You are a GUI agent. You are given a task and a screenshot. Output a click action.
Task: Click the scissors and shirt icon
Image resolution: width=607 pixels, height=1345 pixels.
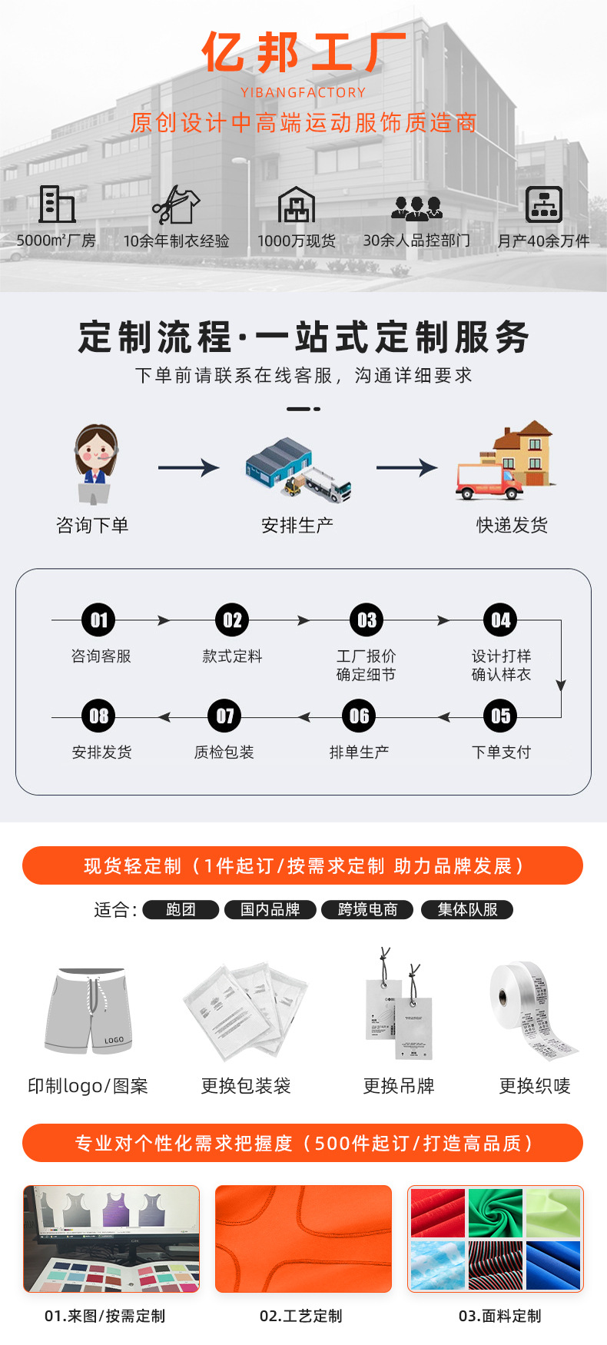point(176,204)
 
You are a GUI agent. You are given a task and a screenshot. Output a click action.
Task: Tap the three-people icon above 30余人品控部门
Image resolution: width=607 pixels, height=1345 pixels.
point(416,207)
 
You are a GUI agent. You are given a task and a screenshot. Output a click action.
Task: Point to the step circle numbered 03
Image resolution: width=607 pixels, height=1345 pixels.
point(367,620)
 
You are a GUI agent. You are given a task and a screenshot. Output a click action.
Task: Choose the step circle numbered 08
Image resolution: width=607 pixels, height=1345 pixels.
point(99,716)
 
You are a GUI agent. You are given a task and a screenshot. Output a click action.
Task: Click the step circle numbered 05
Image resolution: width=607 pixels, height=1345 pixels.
point(500,716)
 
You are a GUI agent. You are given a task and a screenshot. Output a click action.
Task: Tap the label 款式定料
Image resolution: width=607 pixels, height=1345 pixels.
point(232,656)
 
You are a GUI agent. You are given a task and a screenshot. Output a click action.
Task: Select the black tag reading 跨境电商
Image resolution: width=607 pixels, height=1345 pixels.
point(368,910)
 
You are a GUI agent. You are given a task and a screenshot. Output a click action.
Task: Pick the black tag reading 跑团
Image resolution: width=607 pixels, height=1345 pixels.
point(181,910)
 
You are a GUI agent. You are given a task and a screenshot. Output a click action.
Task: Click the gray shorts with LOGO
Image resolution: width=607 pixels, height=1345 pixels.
point(89,1011)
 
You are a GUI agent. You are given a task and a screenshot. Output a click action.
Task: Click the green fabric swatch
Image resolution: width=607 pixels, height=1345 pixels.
point(495,1212)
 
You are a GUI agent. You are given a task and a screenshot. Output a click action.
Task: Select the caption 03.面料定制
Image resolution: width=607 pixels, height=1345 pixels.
point(499,1316)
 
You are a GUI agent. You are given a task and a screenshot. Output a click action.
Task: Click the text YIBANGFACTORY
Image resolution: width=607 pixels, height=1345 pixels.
point(303,92)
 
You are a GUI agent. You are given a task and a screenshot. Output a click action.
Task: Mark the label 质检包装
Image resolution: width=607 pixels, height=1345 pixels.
point(224,752)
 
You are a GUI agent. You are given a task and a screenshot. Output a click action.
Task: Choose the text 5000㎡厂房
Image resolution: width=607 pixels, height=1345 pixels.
point(56,241)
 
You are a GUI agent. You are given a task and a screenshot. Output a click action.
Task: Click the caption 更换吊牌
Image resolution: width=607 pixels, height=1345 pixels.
point(399,1086)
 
